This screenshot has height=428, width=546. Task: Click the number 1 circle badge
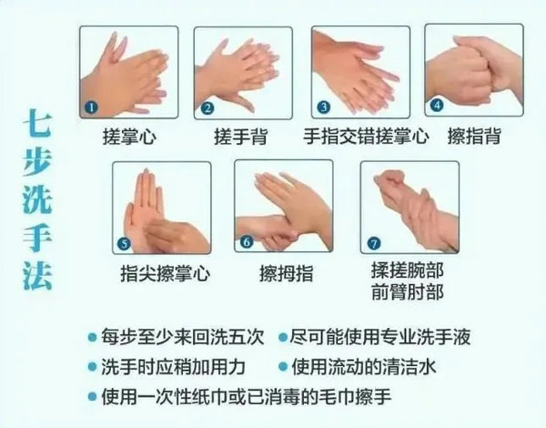(91, 107)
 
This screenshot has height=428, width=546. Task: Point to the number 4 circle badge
(436, 105)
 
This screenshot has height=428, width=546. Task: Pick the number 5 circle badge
(126, 242)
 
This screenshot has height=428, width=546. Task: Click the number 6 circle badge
(246, 243)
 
